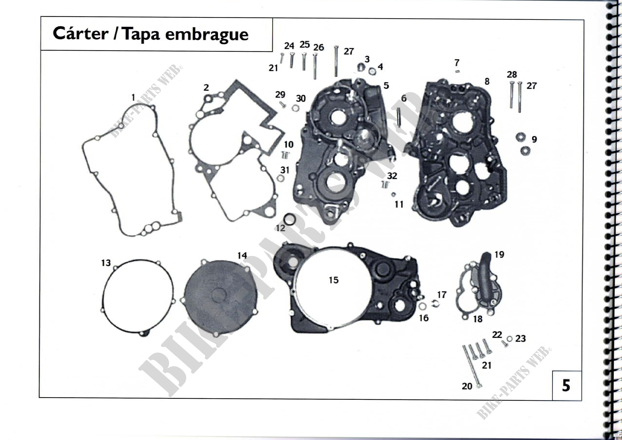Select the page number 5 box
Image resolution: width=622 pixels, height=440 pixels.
pos(566,385)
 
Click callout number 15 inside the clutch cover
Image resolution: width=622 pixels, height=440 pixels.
pos(333,280)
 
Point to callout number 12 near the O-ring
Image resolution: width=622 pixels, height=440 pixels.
pos(280,228)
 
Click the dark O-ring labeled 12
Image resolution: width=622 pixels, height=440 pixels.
pos(290,219)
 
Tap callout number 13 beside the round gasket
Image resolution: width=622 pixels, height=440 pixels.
pos(106,263)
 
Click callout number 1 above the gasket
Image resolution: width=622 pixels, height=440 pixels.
pos(133,97)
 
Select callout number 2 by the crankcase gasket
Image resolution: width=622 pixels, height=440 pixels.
pos(206,88)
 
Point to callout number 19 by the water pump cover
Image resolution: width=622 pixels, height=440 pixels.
pos(499,254)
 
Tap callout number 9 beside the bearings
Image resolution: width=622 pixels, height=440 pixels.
pos(534,139)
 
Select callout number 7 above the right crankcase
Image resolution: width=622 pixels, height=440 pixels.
pos(457,63)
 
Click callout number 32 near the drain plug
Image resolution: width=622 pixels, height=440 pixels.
pos(392,176)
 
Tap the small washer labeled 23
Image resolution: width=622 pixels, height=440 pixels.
pos(509,339)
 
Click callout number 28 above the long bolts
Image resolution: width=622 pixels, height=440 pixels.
pos(512,74)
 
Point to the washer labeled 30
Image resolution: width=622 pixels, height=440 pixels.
pos(295,108)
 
